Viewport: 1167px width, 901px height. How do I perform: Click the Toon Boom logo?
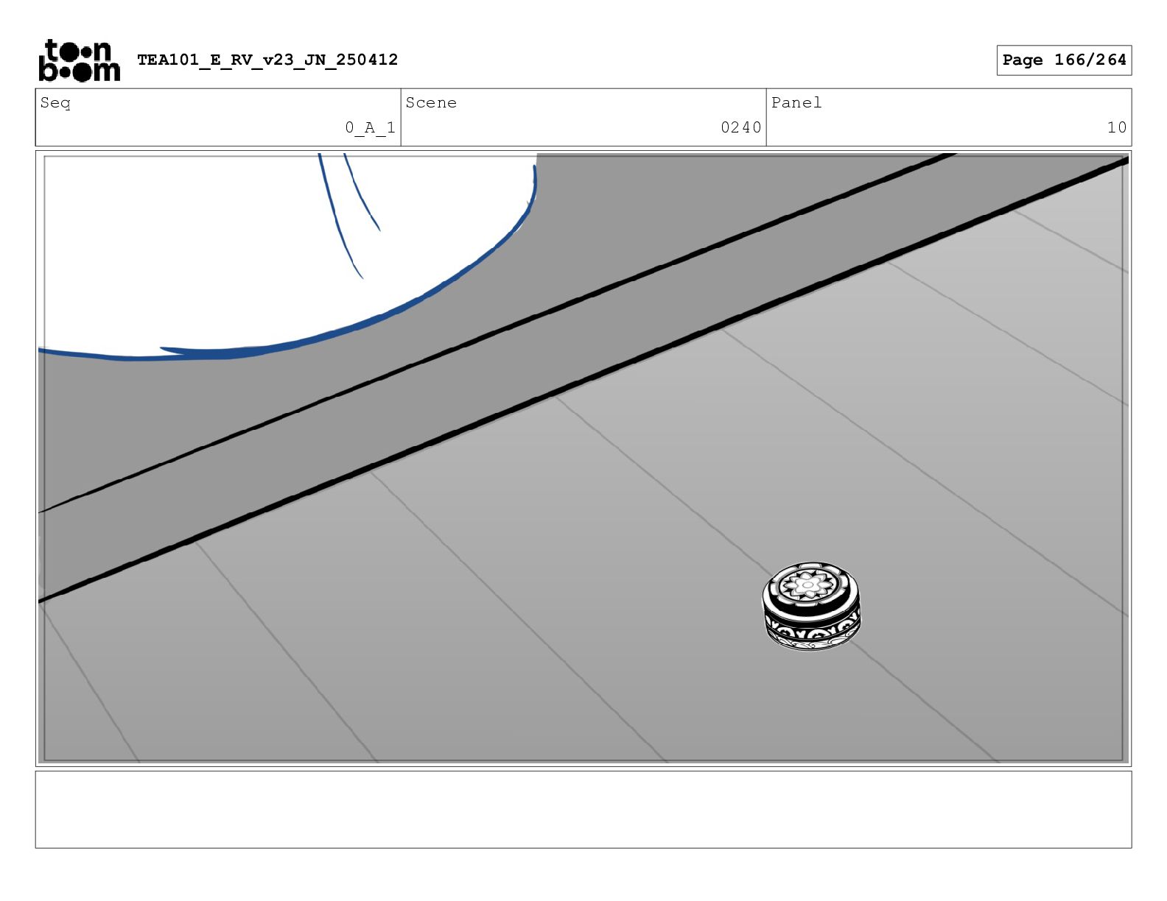click(x=80, y=60)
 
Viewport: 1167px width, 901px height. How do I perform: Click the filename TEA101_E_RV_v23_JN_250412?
click(x=267, y=60)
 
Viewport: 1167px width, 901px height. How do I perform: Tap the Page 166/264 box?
click(x=1064, y=60)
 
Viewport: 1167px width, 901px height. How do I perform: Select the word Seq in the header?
click(x=55, y=103)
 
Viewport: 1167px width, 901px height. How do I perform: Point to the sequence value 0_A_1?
click(x=370, y=128)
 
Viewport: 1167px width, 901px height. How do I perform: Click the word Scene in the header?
click(x=431, y=102)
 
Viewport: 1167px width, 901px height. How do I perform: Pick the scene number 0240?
click(x=741, y=128)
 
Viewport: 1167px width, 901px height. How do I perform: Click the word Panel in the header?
click(x=796, y=102)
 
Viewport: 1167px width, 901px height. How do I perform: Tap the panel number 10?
click(x=1116, y=128)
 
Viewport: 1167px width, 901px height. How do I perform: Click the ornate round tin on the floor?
click(x=811, y=606)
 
